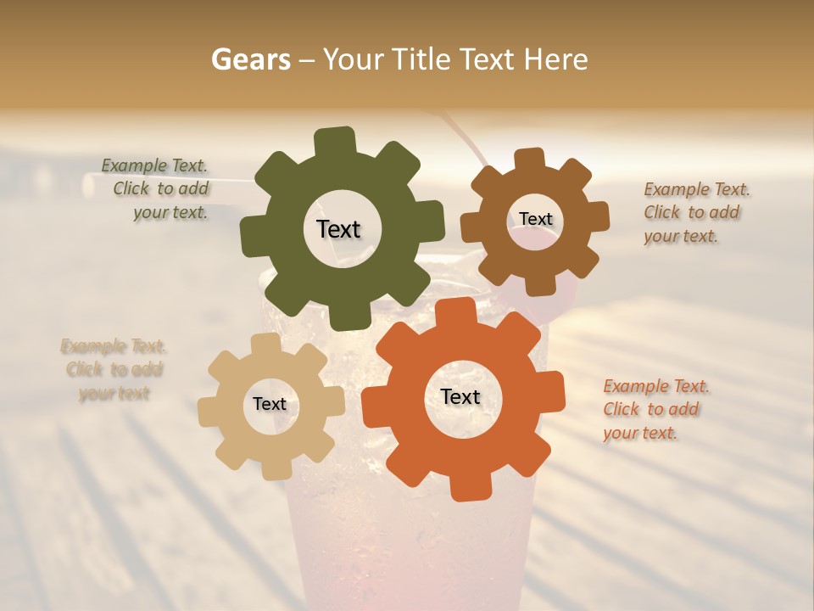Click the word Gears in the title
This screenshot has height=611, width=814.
click(250, 59)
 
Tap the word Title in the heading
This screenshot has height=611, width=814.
click(422, 59)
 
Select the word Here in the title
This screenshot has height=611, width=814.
click(555, 59)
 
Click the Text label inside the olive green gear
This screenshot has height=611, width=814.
click(338, 229)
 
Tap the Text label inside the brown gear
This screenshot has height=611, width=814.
click(535, 219)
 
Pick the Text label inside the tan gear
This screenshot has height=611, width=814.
click(270, 404)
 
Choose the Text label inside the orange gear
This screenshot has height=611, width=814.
click(460, 396)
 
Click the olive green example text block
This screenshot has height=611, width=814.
click(156, 189)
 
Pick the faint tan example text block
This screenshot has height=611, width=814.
click(114, 369)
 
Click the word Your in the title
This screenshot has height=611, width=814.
click(354, 59)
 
